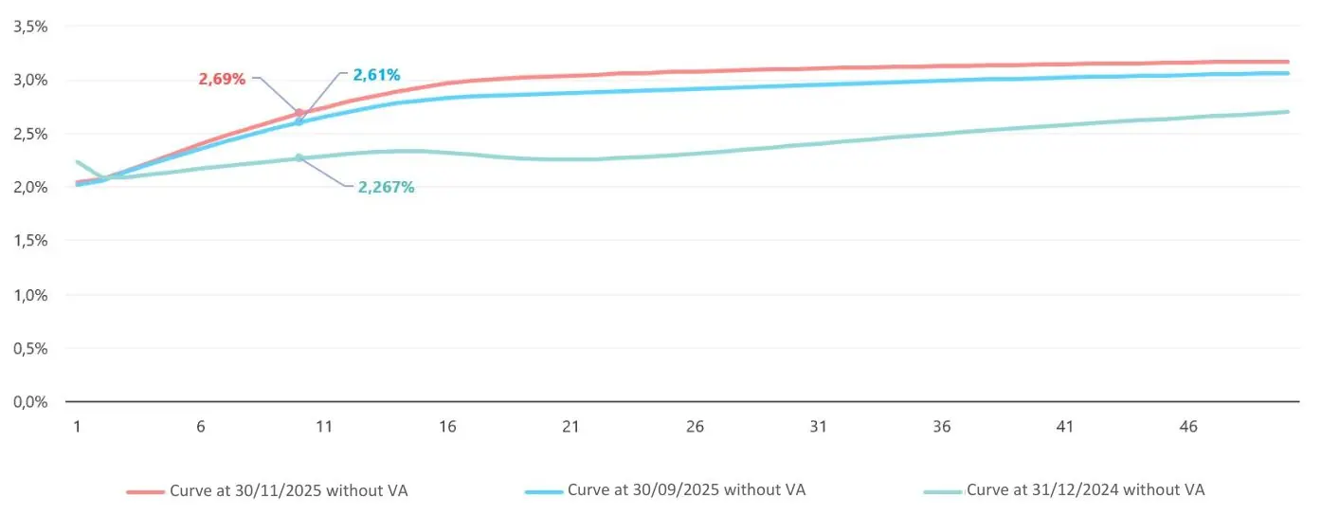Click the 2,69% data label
(x=222, y=79)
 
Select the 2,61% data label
(x=376, y=74)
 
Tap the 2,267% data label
(x=386, y=187)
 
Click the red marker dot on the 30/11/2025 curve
(x=299, y=113)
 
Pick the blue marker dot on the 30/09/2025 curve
(x=299, y=122)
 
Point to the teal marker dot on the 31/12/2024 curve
(x=299, y=157)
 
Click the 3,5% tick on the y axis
(x=30, y=26)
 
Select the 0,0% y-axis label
(x=30, y=401)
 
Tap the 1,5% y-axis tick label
(x=30, y=240)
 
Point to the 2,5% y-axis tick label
(x=30, y=133)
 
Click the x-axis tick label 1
(x=77, y=427)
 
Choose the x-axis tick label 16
(x=447, y=427)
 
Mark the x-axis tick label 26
(x=695, y=427)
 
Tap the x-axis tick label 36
(x=942, y=427)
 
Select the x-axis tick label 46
(x=1188, y=427)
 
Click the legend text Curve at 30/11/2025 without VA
(x=289, y=490)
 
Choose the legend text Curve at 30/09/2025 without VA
(x=686, y=490)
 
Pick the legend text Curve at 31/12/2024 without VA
(x=1085, y=490)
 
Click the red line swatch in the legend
(x=145, y=492)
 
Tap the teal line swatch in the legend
(x=943, y=492)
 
